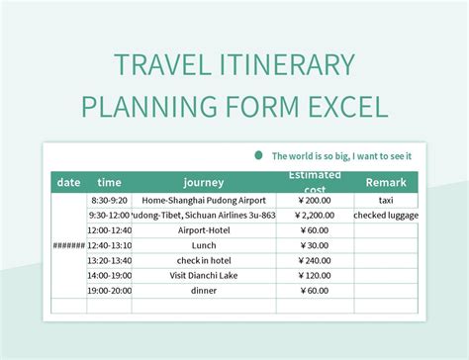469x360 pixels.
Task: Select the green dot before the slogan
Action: tap(259, 155)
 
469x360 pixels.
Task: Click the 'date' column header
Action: tap(69, 182)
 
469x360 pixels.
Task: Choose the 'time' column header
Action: tap(110, 182)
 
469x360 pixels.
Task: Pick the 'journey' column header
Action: tap(204, 182)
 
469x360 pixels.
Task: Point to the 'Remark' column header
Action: tap(385, 182)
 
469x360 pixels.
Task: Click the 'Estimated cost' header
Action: tap(315, 182)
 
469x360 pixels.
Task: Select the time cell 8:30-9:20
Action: tap(110, 199)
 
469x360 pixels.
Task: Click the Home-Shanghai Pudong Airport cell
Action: tap(204, 199)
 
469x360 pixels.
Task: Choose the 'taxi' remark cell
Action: tap(385, 199)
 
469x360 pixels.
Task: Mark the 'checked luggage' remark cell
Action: tap(386, 215)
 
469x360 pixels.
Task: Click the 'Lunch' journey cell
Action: tap(205, 245)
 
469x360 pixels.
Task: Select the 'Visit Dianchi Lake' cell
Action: tap(205, 276)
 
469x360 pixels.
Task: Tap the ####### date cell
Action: tap(69, 245)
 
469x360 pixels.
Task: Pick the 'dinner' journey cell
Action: tap(205, 291)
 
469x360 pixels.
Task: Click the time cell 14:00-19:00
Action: tap(110, 276)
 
